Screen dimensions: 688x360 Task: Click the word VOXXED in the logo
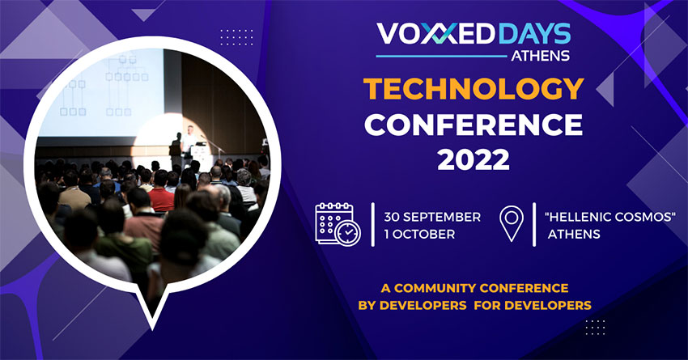coord(437,34)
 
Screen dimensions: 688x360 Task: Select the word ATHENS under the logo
coord(540,56)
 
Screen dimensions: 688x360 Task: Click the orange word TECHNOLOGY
coord(474,90)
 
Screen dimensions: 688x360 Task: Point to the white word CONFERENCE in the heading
coord(474,125)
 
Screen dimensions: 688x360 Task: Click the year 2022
coord(474,159)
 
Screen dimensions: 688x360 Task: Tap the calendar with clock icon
coord(338,224)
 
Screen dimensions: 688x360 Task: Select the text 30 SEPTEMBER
coord(432,217)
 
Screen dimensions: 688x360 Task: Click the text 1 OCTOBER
coord(419,234)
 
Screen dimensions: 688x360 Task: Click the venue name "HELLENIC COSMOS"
coord(609,217)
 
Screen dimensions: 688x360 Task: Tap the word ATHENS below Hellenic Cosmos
coord(574,234)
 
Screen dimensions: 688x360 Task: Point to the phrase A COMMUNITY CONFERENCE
coord(475,288)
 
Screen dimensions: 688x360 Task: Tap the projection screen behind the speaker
coord(101,93)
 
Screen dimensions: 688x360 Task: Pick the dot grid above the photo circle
coord(236,37)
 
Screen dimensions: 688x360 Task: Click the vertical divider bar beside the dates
coord(373,224)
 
